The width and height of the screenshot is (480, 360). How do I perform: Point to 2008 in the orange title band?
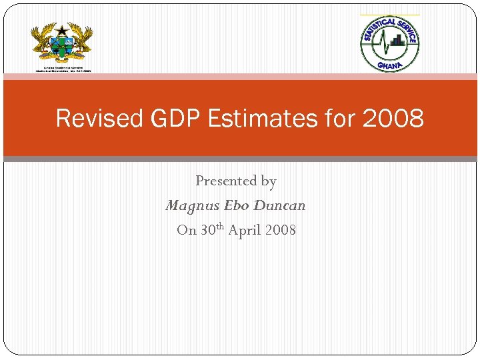(x=393, y=119)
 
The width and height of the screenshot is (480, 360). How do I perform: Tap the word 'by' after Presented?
(x=269, y=181)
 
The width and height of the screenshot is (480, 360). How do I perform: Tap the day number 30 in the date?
(x=207, y=230)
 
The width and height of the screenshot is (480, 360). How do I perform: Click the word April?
(x=245, y=230)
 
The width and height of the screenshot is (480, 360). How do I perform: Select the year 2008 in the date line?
(x=281, y=230)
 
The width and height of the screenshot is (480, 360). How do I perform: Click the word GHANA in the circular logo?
(x=391, y=65)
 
